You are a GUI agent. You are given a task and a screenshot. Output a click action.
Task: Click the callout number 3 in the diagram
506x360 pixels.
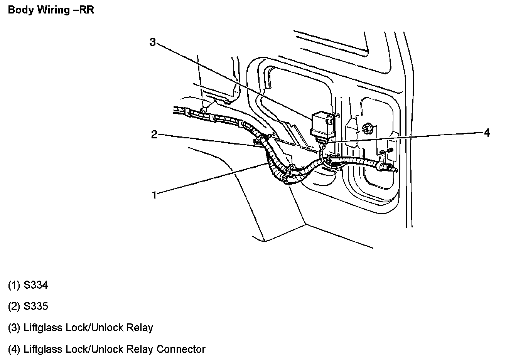tap(152, 42)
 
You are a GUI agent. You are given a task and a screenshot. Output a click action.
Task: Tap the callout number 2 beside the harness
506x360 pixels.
tap(154, 135)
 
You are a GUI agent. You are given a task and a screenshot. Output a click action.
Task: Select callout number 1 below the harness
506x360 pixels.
tap(154, 195)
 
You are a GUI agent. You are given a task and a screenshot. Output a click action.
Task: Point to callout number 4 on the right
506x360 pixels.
tap(487, 133)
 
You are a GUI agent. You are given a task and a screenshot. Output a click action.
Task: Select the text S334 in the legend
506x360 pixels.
tap(36, 285)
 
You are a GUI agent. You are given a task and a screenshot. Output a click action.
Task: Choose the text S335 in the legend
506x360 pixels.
tap(36, 306)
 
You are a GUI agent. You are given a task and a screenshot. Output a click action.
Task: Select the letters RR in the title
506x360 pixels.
tap(86, 10)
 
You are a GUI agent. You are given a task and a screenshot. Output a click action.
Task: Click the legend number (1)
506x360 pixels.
tap(14, 285)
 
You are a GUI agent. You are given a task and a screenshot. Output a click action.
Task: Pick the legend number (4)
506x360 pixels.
tap(14, 349)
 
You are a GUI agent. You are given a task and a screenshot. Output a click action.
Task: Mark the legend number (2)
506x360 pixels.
tap(14, 306)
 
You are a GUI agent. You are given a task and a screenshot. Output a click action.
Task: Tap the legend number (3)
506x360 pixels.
tap(14, 328)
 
